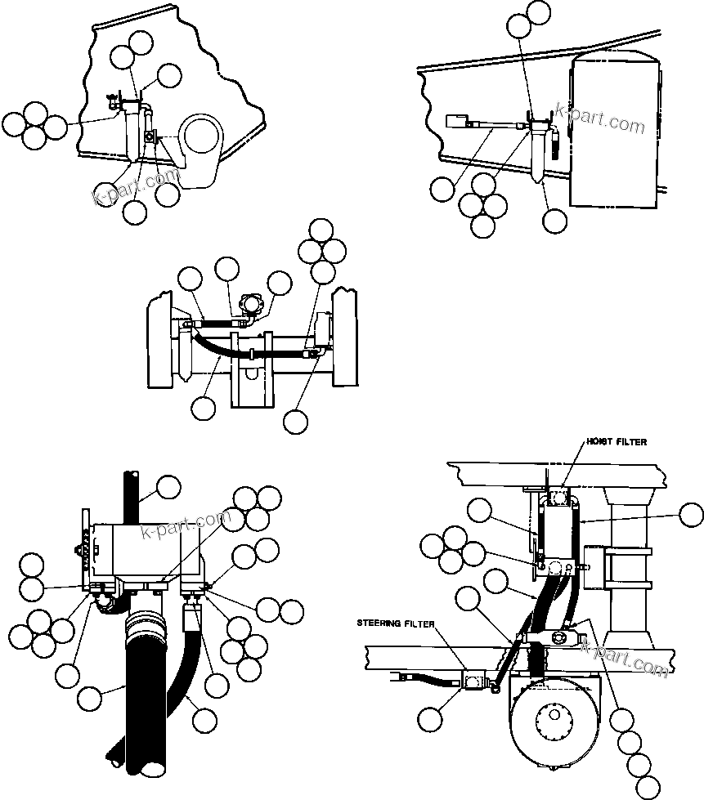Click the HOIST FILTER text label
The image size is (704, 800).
coord(616,442)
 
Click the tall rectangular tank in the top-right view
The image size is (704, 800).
coord(614,131)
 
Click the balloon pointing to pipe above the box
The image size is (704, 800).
coord(168,487)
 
